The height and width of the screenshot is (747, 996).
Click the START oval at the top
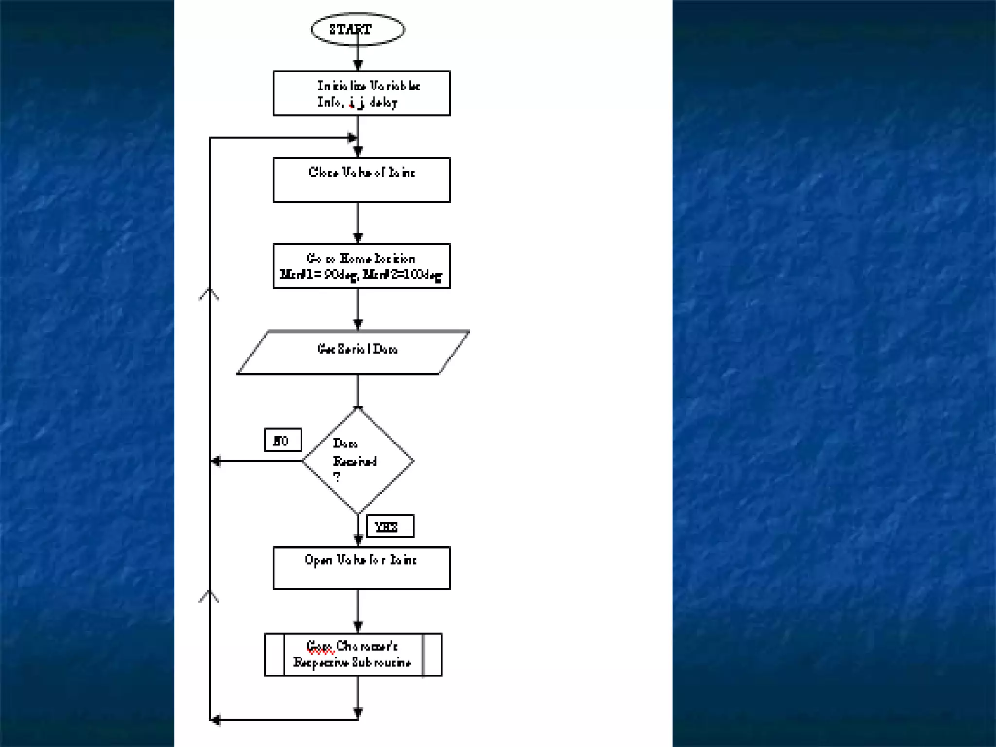(x=357, y=30)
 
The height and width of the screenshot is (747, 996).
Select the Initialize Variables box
(x=361, y=93)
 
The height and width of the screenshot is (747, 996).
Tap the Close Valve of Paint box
(x=361, y=179)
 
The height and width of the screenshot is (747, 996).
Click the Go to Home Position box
(x=361, y=266)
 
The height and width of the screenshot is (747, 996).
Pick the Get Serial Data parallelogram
(x=354, y=353)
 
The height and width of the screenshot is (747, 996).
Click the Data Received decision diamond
(x=358, y=461)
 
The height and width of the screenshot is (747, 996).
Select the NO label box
(x=283, y=440)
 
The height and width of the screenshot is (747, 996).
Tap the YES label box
(x=390, y=526)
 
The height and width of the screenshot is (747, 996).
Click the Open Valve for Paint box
(x=361, y=568)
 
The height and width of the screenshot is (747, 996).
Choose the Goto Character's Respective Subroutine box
(x=353, y=655)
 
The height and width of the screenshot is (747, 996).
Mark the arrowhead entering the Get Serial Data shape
(x=358, y=324)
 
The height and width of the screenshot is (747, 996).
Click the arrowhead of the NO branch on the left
(x=215, y=461)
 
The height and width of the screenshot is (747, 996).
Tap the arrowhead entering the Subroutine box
(x=358, y=626)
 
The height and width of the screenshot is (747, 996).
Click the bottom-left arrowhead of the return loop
(x=215, y=720)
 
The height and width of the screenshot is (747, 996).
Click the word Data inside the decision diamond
(x=345, y=444)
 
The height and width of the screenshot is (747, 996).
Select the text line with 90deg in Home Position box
(x=361, y=275)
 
